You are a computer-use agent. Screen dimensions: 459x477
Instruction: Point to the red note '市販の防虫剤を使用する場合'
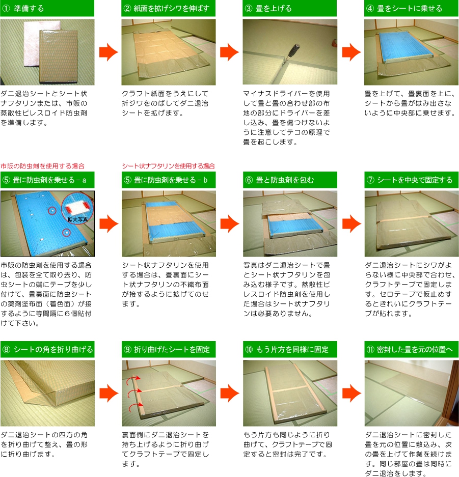coord(42,166)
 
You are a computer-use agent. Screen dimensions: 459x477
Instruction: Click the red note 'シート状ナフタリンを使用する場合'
coord(168,166)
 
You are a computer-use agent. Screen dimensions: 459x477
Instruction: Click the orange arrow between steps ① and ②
coord(109,52)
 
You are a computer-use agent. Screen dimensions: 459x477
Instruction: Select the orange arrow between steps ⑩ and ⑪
coord(352,393)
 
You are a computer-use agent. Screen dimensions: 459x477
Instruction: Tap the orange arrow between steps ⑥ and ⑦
coord(352,224)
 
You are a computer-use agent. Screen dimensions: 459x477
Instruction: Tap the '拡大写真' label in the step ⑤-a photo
coord(77,219)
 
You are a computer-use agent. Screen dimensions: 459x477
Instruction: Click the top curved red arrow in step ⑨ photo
coord(134,379)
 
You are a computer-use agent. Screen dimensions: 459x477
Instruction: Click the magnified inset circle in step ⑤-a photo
coord(77,208)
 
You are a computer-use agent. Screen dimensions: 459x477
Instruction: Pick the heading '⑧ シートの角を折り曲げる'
coord(47,349)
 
